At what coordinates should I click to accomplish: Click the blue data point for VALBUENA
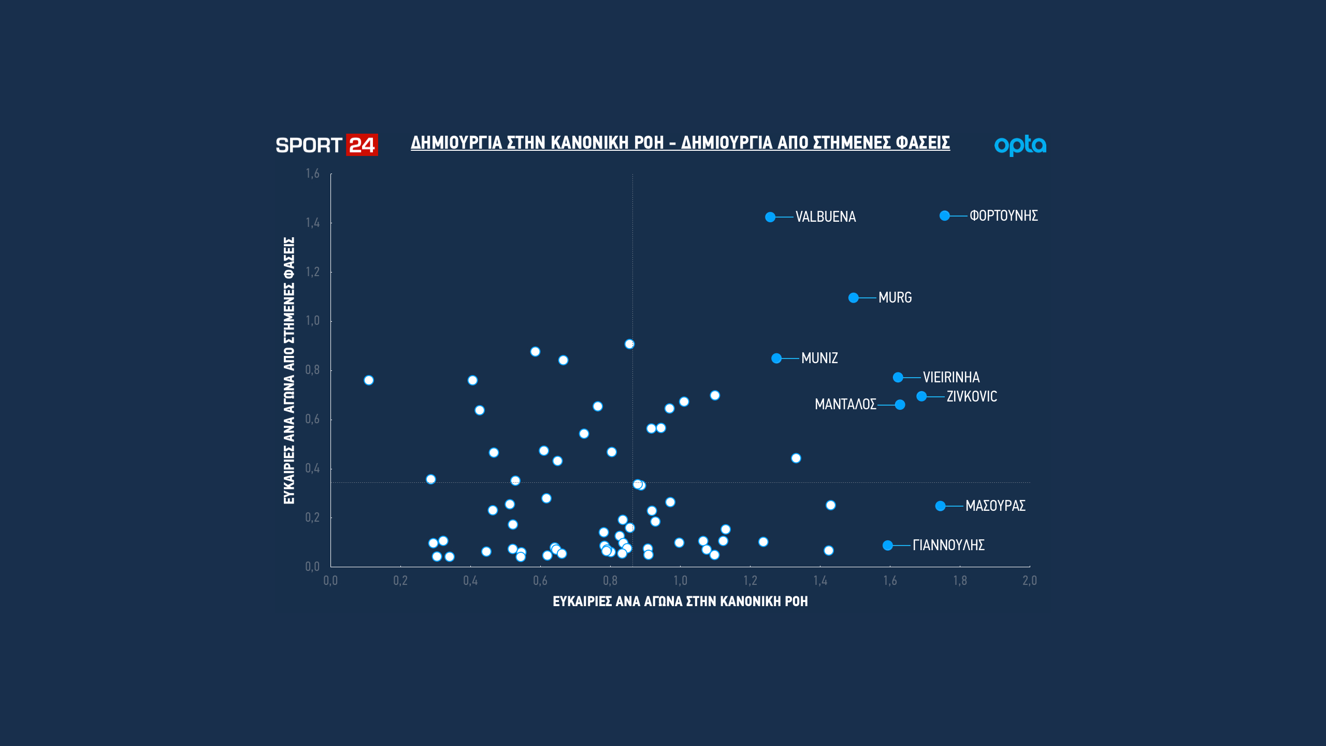click(770, 217)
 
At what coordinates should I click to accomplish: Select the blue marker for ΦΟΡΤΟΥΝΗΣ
click(945, 216)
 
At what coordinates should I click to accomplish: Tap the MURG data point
click(854, 298)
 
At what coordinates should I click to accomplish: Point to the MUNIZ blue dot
click(776, 358)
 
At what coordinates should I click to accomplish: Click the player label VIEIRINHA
click(951, 377)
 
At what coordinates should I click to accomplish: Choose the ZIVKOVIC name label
click(972, 396)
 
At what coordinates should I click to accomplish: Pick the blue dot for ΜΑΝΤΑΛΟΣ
click(900, 405)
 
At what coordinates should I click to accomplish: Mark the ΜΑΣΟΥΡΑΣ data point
click(941, 506)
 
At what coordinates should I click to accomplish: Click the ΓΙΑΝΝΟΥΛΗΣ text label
click(948, 545)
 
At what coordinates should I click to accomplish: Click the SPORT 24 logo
click(326, 145)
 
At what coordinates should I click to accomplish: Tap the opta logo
click(1020, 146)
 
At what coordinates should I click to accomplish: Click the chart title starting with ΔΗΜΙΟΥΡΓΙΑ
click(680, 142)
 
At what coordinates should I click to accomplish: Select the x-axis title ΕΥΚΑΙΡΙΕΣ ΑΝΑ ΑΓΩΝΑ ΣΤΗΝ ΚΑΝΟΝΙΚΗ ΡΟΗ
click(680, 601)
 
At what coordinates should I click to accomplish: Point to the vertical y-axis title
click(289, 370)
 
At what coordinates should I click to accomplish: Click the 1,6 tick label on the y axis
click(312, 174)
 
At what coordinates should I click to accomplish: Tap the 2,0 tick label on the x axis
click(1030, 581)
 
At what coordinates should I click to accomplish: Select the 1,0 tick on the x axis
click(680, 581)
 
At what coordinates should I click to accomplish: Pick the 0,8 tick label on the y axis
click(312, 370)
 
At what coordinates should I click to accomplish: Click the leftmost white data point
click(369, 380)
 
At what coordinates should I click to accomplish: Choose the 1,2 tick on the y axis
click(312, 272)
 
